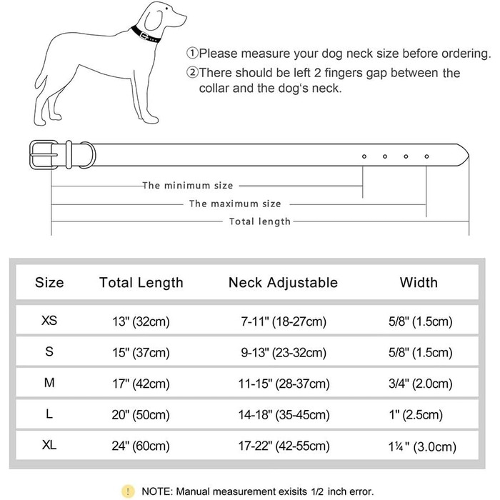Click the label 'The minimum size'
(187, 186)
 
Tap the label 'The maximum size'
(234, 204)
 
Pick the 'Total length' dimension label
(259, 221)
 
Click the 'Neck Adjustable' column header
(283, 283)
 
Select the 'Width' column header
(419, 283)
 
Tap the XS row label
(49, 321)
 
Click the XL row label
(49, 446)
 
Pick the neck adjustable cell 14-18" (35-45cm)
(283, 415)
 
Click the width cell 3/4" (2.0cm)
(419, 384)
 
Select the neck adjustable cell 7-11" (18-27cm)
(283, 322)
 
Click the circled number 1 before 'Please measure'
(192, 54)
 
